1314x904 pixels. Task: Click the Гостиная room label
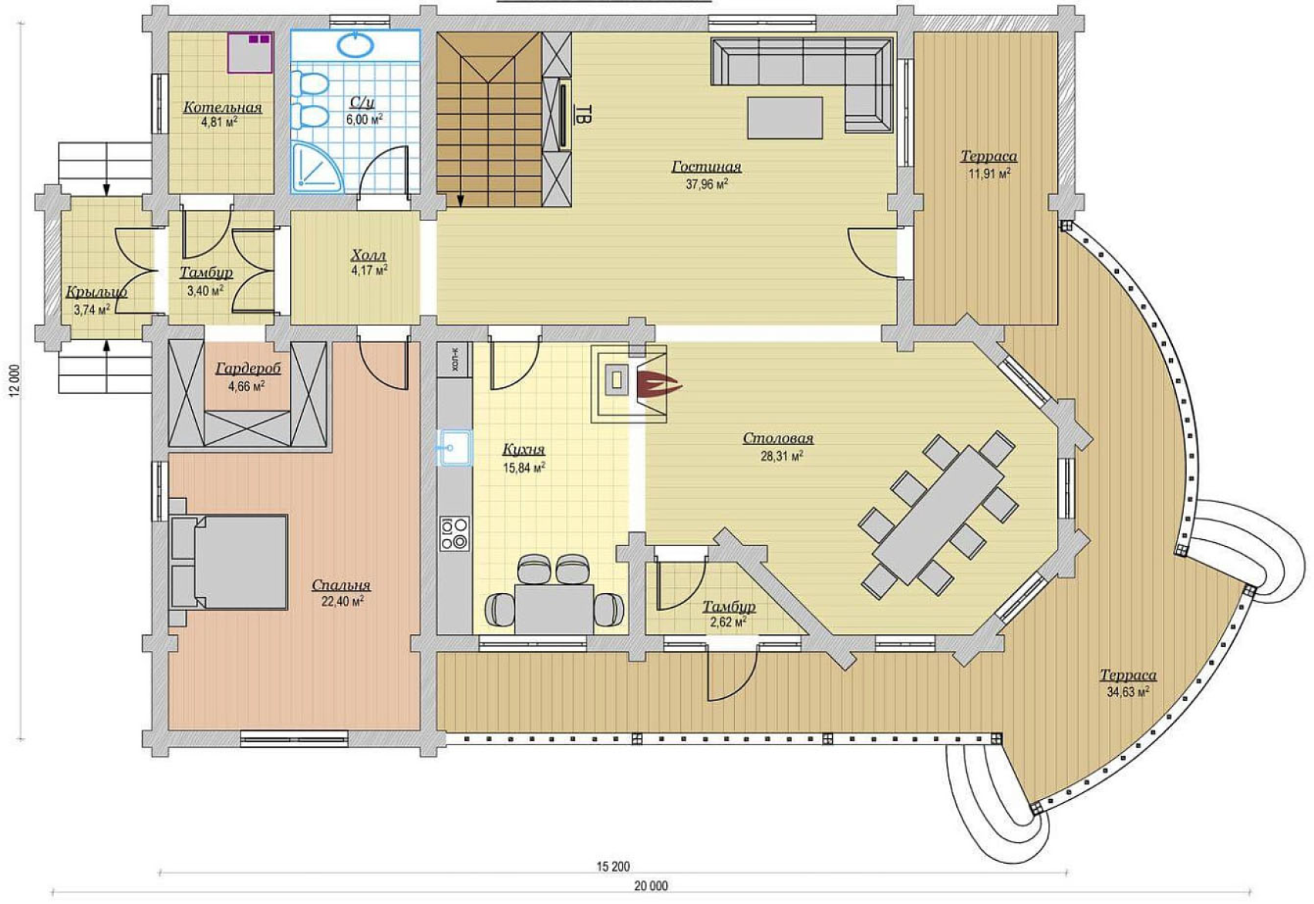tap(706, 167)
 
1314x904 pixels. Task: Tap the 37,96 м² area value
tap(707, 184)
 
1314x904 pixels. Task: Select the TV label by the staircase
tap(582, 114)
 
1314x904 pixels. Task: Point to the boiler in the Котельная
tap(251, 52)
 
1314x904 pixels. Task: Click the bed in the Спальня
tap(229, 562)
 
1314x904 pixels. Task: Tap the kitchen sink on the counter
tap(454, 448)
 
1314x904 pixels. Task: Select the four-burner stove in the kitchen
tap(455, 533)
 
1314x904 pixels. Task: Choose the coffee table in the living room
tap(785, 118)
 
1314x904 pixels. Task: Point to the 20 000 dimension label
tap(651, 885)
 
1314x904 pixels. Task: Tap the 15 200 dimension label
tap(613, 866)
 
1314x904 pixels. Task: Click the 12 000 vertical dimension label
tap(15, 382)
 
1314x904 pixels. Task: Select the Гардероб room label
tap(248, 369)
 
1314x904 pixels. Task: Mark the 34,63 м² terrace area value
tap(1127, 692)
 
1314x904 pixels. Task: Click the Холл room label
tap(369, 256)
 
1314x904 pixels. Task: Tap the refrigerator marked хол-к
tap(455, 359)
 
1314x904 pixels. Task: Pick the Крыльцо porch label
tap(96, 292)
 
